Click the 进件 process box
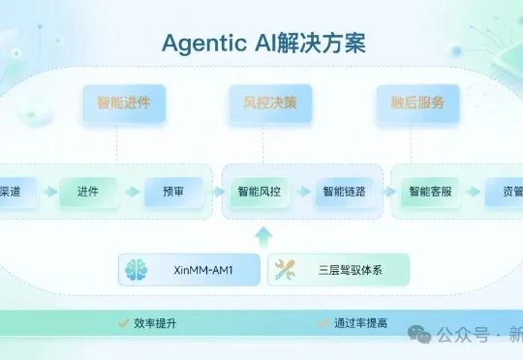(87, 192)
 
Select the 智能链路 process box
(345, 192)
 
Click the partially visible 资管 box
(505, 192)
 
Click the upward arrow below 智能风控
(262, 235)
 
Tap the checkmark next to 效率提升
(123, 322)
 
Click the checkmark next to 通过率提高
(324, 322)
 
